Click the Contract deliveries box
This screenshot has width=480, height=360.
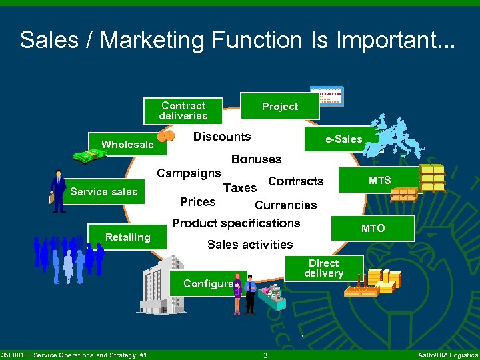click(x=183, y=111)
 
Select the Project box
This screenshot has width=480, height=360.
click(x=280, y=106)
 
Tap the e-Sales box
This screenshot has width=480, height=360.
click(x=343, y=139)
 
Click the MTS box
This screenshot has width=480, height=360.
click(x=380, y=181)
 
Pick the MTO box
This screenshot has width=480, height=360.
click(x=373, y=228)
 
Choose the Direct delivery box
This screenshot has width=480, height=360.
click(x=323, y=268)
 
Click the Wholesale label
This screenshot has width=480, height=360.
click(x=127, y=144)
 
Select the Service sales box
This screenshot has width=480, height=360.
click(x=103, y=192)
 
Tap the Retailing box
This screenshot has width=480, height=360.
click(x=127, y=237)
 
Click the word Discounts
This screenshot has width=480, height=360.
click(x=222, y=137)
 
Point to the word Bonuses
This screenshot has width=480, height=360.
click(x=256, y=159)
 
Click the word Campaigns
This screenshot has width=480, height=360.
click(x=189, y=173)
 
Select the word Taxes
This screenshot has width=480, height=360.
click(x=240, y=189)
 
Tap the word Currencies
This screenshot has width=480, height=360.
click(x=286, y=205)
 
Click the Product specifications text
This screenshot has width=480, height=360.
click(x=236, y=223)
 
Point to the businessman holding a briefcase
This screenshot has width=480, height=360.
click(x=58, y=191)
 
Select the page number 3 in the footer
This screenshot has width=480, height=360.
click(x=265, y=355)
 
